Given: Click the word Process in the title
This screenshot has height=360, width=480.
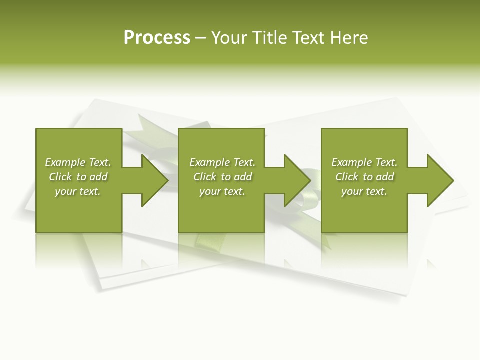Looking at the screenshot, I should point(157,38).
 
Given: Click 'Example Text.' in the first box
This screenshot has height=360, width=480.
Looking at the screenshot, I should point(78,162).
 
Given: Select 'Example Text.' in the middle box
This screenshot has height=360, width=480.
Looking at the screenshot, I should point(222,162).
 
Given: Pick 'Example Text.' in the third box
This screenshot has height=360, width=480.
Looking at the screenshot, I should point(364,162).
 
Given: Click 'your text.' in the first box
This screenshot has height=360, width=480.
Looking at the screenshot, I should point(78,191).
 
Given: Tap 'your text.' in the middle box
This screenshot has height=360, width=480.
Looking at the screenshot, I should point(222,191).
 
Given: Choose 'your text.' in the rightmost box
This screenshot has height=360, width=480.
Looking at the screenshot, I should point(364,191).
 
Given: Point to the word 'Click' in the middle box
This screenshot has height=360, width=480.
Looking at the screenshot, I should point(205,177).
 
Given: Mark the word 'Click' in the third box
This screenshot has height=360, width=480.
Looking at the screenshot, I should point(347,177).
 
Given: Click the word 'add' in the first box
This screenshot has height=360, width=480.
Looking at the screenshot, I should point(99,177).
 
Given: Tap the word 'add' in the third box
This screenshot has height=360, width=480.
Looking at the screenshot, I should point(385,177).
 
